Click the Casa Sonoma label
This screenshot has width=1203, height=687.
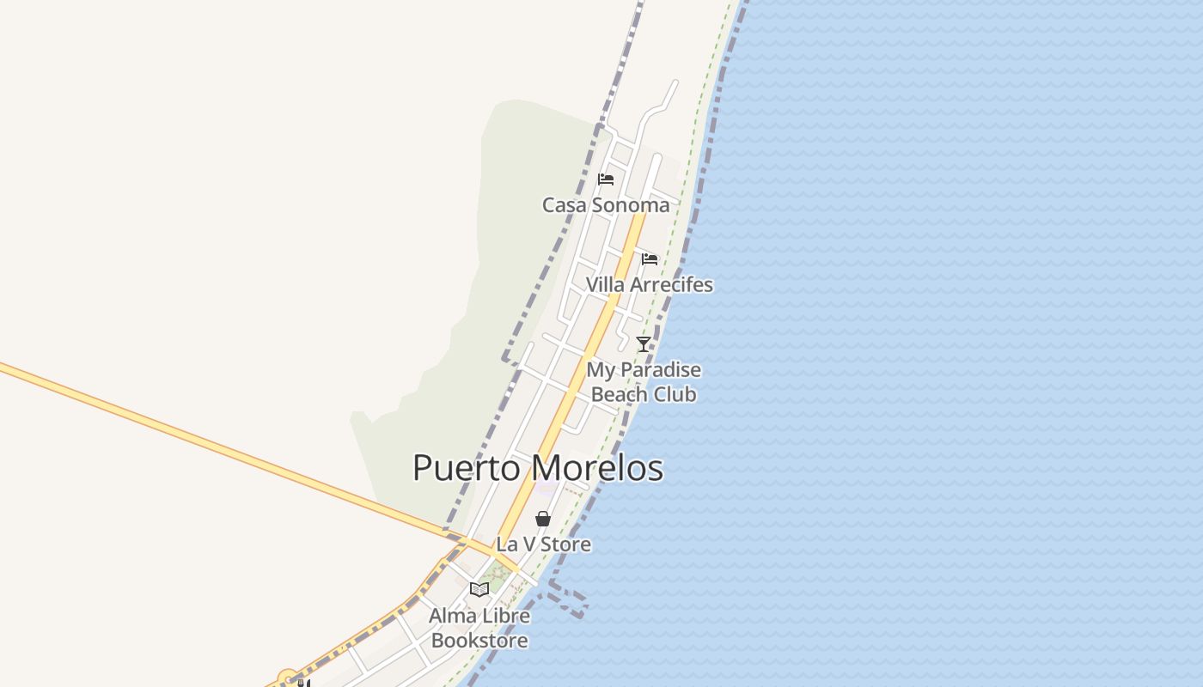(605, 205)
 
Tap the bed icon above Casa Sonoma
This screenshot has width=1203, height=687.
(606, 179)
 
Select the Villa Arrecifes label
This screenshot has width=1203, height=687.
(649, 284)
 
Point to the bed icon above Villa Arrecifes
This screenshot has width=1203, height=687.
(650, 258)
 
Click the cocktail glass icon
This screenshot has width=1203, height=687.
(643, 344)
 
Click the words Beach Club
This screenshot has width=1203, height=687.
(644, 394)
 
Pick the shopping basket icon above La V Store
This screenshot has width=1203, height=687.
(542, 519)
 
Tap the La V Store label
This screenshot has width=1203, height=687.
(543, 544)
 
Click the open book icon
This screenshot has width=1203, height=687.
(479, 589)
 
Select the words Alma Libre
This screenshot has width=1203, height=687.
(479, 616)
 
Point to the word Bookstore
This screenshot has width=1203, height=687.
(479, 640)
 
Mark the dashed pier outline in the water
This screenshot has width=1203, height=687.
(569, 599)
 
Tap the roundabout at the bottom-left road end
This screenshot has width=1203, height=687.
(287, 678)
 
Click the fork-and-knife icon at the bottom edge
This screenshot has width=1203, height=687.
(302, 683)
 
